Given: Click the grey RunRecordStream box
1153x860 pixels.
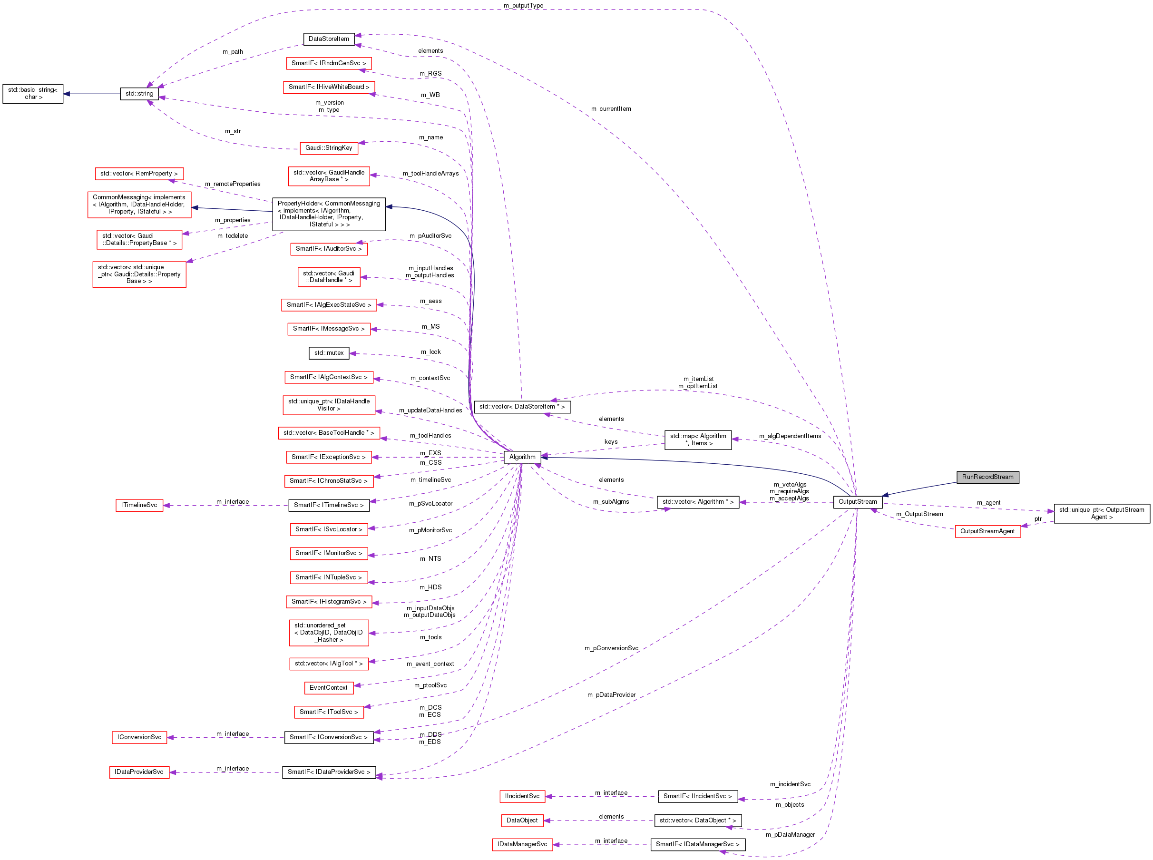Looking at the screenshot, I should (987, 477).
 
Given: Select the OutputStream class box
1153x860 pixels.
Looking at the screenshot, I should (857, 502).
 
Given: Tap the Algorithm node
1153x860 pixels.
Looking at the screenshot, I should (522, 457).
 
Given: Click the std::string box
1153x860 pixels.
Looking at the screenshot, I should (139, 94).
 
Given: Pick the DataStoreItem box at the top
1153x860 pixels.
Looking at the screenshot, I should (329, 39).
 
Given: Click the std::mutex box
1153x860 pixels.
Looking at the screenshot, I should (329, 353).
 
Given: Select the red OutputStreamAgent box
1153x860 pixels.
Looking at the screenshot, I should (987, 531).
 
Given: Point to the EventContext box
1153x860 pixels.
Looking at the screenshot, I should (329, 688).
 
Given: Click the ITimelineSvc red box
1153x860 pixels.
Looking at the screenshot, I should (139, 505).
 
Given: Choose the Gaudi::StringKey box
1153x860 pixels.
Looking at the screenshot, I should (329, 148).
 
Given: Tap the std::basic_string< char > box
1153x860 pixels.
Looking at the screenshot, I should (33, 94).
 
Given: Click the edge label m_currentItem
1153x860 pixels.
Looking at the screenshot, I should (611, 109).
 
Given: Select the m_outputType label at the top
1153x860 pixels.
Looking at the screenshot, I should (523, 5).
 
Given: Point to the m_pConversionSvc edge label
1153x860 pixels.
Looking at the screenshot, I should (611, 648).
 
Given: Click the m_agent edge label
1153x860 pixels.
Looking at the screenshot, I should (988, 502).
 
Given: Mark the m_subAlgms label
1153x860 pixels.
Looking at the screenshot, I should (611, 501).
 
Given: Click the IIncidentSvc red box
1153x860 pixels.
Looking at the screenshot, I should (522, 796).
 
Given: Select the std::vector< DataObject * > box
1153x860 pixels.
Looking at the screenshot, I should (697, 821).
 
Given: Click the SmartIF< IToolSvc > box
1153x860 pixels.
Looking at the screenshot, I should (329, 712).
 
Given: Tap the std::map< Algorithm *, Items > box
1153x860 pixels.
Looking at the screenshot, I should (697, 440).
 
